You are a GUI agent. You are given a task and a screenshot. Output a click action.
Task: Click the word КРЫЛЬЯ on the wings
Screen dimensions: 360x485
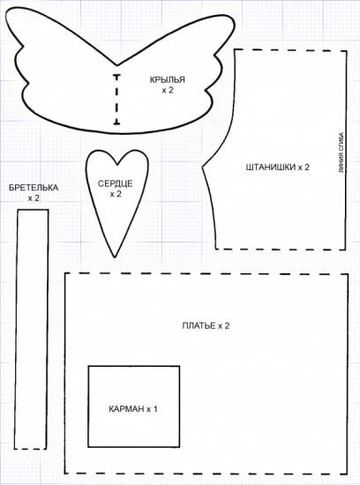167,79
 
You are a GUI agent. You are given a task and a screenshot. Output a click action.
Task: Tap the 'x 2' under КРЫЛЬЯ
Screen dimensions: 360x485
168,90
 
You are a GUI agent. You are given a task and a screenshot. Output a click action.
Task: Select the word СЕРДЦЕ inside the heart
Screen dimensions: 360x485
116,183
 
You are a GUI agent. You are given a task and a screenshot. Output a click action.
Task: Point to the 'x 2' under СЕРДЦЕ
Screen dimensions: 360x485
116,194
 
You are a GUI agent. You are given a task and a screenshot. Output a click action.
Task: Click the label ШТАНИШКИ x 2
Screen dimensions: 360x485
278,168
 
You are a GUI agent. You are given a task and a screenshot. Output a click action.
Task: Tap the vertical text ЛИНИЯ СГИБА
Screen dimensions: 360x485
341,153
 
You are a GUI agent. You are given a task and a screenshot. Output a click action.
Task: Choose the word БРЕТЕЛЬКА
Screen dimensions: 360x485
34,188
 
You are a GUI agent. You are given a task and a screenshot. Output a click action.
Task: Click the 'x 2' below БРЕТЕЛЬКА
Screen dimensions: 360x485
34,198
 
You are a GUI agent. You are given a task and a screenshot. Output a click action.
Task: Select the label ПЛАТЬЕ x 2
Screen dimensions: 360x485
206,326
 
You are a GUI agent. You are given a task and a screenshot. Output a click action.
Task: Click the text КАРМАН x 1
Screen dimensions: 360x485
133,409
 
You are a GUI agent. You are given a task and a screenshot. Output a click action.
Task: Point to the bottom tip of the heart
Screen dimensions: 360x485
115,257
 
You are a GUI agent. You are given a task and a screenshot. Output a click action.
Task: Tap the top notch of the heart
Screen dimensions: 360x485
117,164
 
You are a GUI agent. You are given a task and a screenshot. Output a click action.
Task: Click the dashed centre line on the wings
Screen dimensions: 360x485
116,100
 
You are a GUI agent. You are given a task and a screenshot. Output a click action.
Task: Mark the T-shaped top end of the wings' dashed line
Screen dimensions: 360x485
116,76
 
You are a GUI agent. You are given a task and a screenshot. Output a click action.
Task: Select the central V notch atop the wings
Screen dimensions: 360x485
116,65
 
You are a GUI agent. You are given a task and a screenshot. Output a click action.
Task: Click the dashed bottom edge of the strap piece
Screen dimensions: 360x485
30,449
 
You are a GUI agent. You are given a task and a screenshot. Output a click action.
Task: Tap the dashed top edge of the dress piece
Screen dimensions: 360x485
206,273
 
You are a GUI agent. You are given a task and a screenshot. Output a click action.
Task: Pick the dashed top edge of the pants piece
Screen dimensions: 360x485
290,50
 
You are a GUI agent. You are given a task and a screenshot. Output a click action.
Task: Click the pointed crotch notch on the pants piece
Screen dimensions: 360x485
202,168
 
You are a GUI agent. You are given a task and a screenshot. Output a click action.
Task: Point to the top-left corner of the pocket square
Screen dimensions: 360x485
88,367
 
